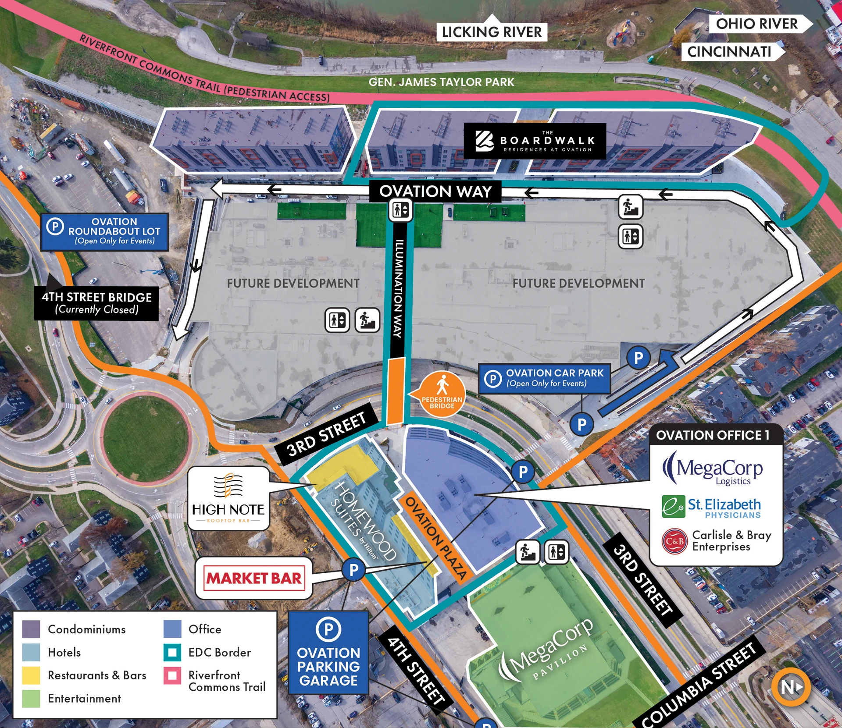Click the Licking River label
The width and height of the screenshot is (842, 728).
[x=492, y=32]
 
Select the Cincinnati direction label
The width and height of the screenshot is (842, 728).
[x=731, y=52]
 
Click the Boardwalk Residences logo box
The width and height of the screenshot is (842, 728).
[x=535, y=141]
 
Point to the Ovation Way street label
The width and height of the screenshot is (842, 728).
[x=435, y=192]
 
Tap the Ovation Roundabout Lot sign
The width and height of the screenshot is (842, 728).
[x=104, y=232]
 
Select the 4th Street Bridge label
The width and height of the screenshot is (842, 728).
[x=96, y=303]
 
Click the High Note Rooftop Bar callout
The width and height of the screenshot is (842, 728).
[x=228, y=498]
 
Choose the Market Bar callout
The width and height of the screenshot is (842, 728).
[x=254, y=578]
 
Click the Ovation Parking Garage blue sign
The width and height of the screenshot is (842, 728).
[x=328, y=653]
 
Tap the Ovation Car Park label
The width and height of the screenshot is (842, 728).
[x=544, y=378]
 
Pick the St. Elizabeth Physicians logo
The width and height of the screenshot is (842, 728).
[x=711, y=507]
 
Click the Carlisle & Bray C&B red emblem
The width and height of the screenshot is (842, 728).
[x=674, y=541]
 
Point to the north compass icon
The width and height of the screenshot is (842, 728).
[x=791, y=687]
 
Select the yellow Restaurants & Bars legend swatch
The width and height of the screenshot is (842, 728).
[x=31, y=675]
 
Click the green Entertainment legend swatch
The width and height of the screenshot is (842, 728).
[x=31, y=699]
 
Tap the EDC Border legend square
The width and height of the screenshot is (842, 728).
[x=172, y=653]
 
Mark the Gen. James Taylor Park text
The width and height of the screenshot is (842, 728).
[x=441, y=82]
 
